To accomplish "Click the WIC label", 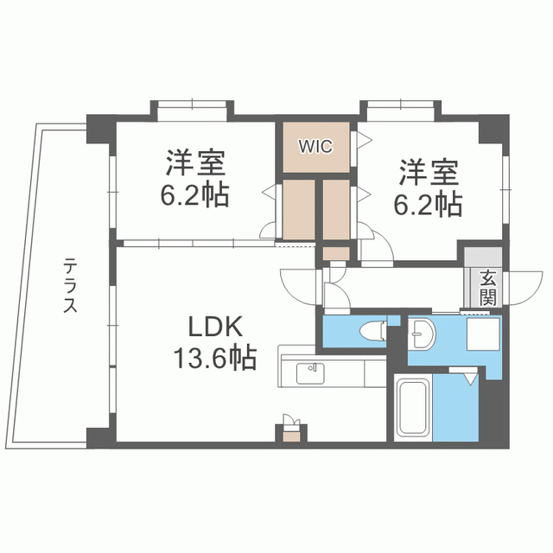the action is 315,146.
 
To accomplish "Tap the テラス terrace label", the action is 71,285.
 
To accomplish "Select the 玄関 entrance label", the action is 488,289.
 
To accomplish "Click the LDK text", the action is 215,327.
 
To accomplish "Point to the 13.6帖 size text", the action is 214,358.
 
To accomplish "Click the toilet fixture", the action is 372,331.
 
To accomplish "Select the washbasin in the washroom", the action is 423,334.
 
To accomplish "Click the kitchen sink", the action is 310,373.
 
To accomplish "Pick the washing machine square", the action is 483,334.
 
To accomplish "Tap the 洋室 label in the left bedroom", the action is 196,163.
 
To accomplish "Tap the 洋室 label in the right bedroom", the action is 429,173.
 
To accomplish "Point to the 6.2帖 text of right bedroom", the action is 428,204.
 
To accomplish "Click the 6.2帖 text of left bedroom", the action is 194,194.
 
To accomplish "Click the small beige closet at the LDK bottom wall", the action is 292,436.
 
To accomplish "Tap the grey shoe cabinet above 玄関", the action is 483,257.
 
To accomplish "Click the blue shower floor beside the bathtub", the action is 455,408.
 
